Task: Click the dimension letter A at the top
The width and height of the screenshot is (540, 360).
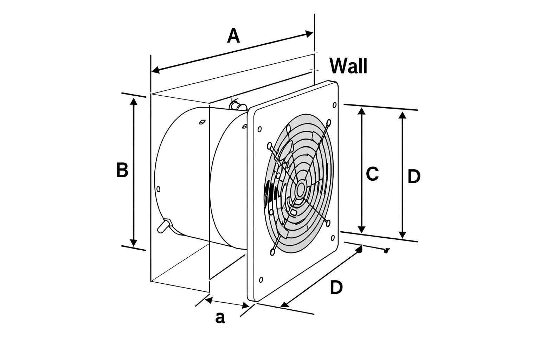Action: point(233,36)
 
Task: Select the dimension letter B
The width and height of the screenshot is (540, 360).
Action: point(122,170)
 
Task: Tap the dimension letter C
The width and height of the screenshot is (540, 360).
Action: point(372,174)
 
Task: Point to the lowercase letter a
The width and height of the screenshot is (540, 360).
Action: point(220,317)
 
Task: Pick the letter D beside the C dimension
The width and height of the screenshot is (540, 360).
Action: point(414,176)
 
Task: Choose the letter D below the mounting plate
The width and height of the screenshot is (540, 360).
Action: point(336,288)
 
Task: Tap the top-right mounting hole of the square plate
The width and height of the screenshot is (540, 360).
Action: point(334,105)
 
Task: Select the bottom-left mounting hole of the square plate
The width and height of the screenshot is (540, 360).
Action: point(261,280)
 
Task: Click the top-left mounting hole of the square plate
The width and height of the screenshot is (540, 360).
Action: point(259,129)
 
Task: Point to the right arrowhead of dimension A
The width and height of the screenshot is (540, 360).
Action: point(310,34)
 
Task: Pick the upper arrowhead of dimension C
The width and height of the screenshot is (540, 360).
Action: point(361,111)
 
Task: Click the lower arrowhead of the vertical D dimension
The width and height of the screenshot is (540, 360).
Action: point(403,234)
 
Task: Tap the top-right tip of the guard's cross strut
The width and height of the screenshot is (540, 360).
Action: point(329,122)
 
